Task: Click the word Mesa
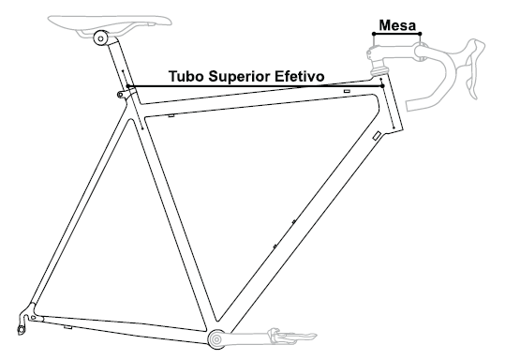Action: coord(397,25)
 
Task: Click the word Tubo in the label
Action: coord(186,77)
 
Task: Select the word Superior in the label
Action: coord(240,78)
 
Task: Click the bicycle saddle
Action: coord(110,22)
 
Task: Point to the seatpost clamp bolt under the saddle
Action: coord(100,38)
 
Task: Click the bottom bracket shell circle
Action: coord(215,339)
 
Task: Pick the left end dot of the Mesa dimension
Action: coord(374,34)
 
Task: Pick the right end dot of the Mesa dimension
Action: coord(420,34)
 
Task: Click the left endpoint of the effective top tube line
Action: coord(128,86)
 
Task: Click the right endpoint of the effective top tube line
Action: coord(382,86)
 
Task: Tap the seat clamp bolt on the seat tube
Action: coord(120,95)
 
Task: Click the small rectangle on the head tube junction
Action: coord(377,136)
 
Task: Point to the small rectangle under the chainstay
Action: coord(67,327)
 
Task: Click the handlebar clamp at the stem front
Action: coord(422,52)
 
